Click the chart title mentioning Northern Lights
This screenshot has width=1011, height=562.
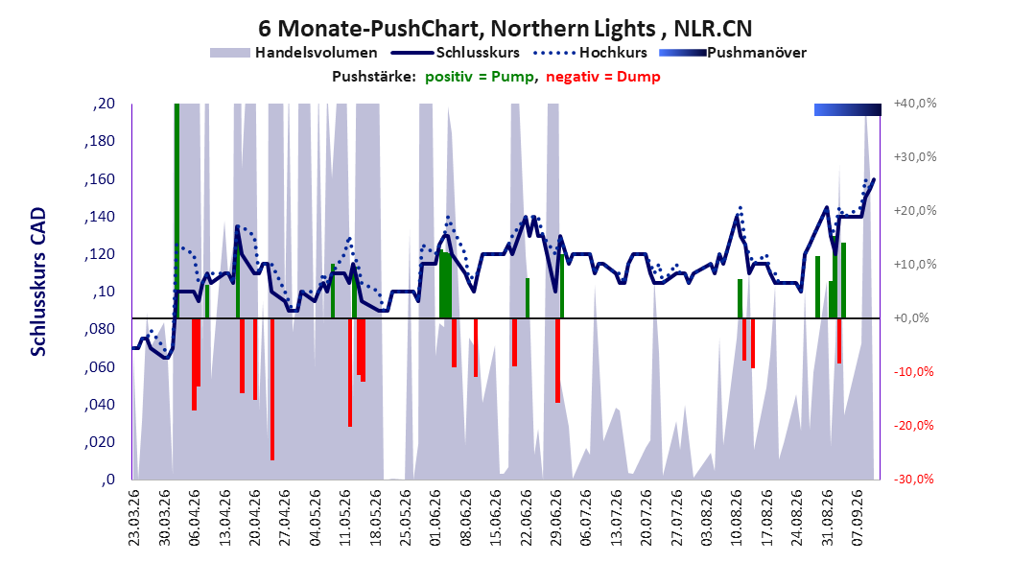[505, 29]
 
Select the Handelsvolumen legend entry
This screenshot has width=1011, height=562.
[294, 53]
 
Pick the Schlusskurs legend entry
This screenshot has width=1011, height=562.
[456, 53]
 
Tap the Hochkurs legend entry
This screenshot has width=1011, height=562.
[590, 53]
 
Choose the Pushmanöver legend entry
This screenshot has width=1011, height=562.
[733, 53]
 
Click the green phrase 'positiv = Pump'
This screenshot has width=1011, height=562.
[480, 77]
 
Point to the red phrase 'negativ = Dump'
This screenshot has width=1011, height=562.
[603, 77]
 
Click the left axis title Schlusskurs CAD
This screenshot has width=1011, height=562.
[38, 281]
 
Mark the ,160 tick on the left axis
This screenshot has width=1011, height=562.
[100, 178]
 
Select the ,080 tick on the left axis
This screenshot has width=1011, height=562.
[100, 329]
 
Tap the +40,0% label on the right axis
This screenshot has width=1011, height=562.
[915, 104]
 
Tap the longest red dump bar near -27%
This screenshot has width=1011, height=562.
[272, 389]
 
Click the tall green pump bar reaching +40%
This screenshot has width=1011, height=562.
[176, 211]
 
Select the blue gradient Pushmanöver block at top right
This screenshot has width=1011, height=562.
[848, 109]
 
